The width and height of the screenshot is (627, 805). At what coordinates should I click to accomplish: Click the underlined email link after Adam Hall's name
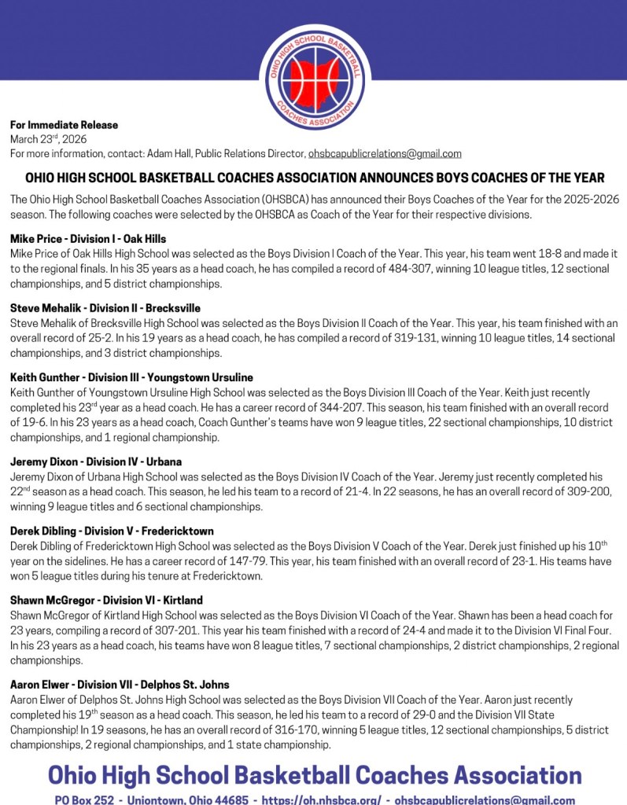(x=385, y=153)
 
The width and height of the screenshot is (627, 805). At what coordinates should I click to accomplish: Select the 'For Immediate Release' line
(x=64, y=125)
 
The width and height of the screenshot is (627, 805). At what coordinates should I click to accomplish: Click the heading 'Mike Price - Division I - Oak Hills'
(x=88, y=238)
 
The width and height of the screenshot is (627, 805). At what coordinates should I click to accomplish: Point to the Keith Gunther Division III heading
(x=131, y=377)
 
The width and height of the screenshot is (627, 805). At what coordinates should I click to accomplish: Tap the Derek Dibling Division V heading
(x=112, y=531)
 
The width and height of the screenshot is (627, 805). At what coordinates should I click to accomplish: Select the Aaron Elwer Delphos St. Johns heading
(x=120, y=685)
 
